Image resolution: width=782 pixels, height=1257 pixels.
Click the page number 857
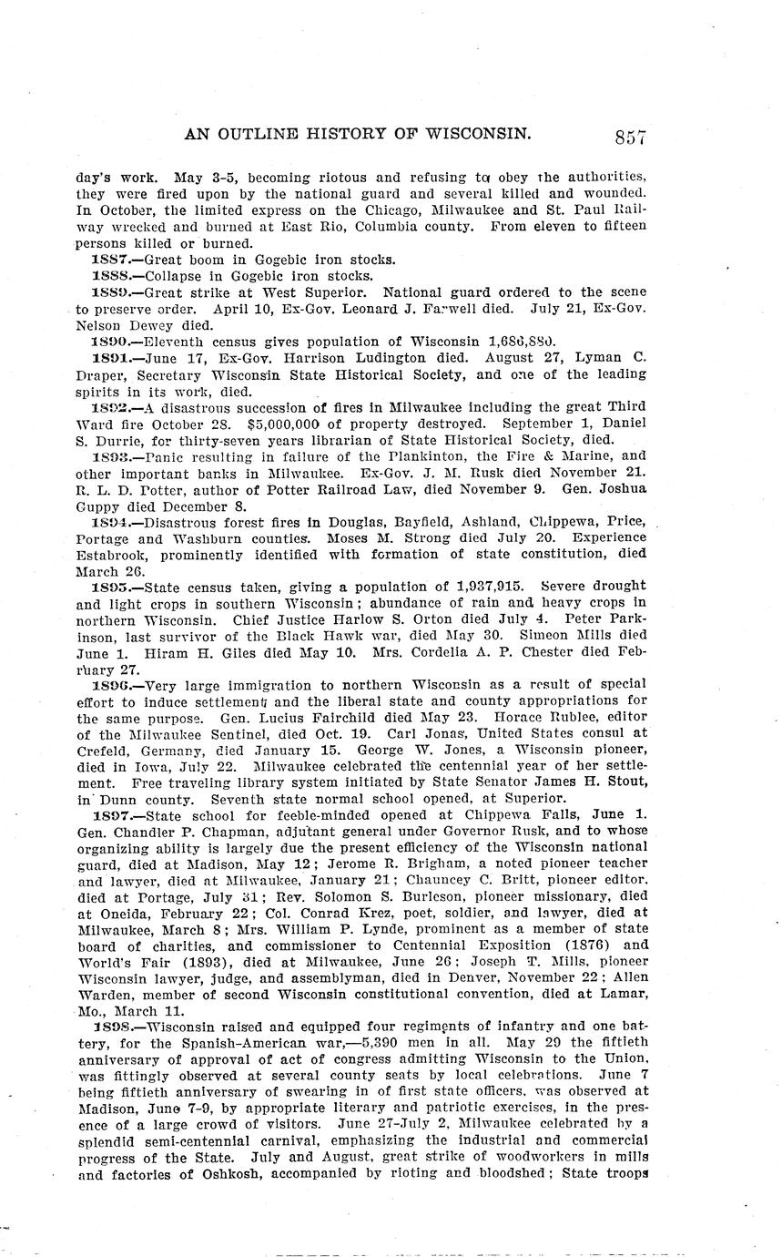pyautogui.click(x=630, y=138)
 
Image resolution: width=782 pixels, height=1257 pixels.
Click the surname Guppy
pyautogui.click(x=97, y=506)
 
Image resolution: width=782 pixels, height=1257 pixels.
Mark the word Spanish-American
pyautogui.click(x=229, y=1041)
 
